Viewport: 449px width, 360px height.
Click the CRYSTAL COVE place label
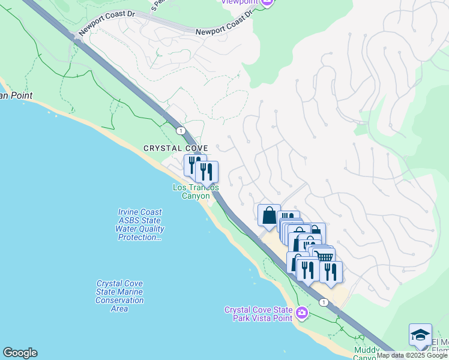175,148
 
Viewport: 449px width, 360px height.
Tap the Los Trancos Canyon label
195,192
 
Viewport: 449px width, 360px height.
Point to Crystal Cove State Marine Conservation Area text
120,296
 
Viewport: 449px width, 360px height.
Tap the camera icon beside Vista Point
302,313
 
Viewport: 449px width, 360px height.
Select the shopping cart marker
325,256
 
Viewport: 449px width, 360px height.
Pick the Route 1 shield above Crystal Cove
179,130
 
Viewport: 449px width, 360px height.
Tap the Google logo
20,353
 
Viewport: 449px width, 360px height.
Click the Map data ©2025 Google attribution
412,356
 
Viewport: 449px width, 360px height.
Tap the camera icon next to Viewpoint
268,2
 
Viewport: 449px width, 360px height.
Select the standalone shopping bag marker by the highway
269,215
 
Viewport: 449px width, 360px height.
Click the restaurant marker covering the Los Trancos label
206,172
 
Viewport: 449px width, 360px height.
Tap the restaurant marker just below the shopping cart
331,271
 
